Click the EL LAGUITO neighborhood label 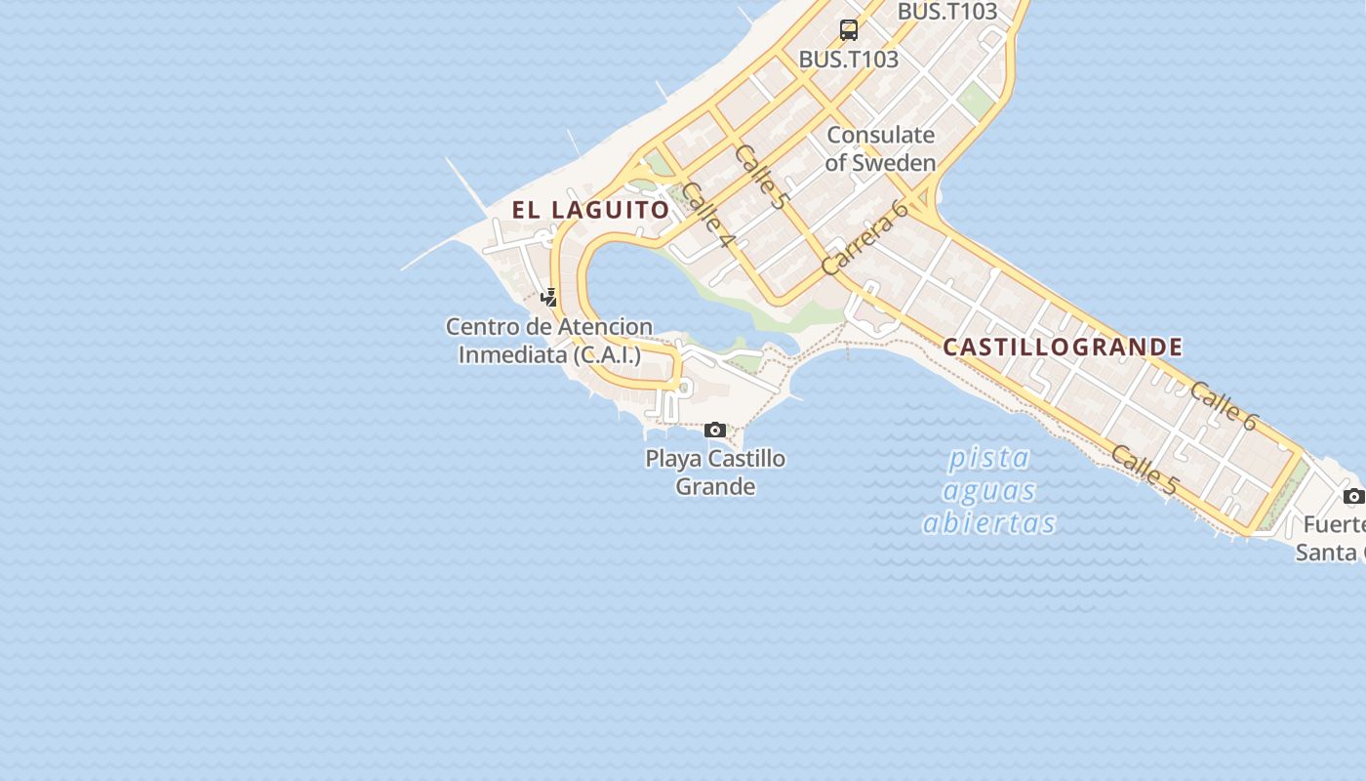tap(591, 210)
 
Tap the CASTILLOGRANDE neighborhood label tap(1063, 348)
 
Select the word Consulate tap(880, 135)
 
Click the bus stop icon tap(849, 30)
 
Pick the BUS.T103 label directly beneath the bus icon tap(848, 59)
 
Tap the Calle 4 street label tap(707, 214)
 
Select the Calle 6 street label tap(1225, 405)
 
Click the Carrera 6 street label tap(864, 237)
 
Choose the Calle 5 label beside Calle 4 tap(761, 177)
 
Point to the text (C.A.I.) tap(607, 354)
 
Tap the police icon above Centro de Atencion tap(549, 298)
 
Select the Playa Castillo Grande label tap(715, 472)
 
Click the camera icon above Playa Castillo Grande tap(715, 430)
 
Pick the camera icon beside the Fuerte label tap(1353, 496)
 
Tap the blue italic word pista tap(989, 457)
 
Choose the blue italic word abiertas tap(989, 523)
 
